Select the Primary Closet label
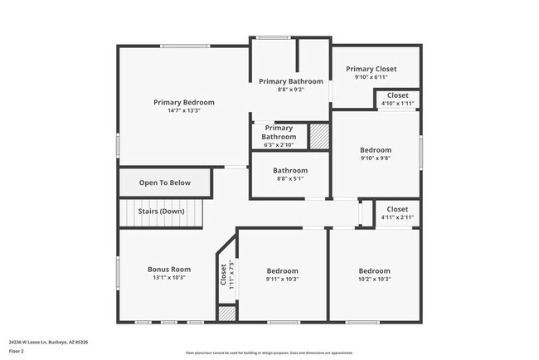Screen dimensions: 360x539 point(371,69)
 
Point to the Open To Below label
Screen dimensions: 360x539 point(164,182)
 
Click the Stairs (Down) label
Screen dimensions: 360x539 point(161,211)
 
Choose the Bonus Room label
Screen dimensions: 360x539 point(169,269)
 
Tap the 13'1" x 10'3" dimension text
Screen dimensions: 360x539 point(169,278)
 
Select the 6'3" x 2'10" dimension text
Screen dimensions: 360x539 point(279,144)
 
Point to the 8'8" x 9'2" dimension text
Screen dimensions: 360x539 point(290,90)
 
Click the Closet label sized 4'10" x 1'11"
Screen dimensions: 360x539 point(397,95)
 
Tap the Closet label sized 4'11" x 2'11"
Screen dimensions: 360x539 point(396,209)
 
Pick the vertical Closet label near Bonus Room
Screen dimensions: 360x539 point(224,274)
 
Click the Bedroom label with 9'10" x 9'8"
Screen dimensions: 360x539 point(375,150)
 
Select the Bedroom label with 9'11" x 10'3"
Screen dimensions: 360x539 point(282,270)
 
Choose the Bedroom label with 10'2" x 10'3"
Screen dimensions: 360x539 point(374,270)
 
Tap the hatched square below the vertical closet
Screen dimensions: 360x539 point(226,314)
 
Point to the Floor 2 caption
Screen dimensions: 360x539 point(17,351)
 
